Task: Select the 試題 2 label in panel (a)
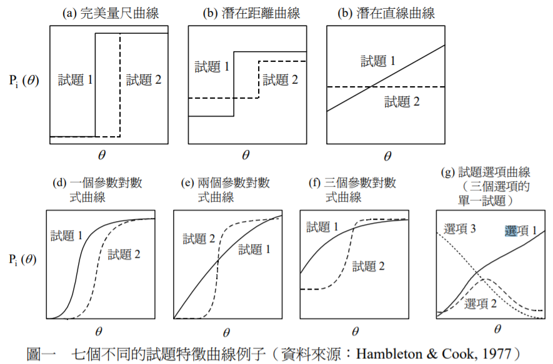click(143, 80)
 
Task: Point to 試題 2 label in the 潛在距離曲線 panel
click(280, 80)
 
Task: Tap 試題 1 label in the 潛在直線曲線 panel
click(378, 61)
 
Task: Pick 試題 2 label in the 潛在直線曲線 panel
click(401, 102)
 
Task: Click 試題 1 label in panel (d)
click(67, 235)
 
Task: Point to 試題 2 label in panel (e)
click(201, 238)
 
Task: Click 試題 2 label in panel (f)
click(368, 267)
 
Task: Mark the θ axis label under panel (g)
click(497, 329)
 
